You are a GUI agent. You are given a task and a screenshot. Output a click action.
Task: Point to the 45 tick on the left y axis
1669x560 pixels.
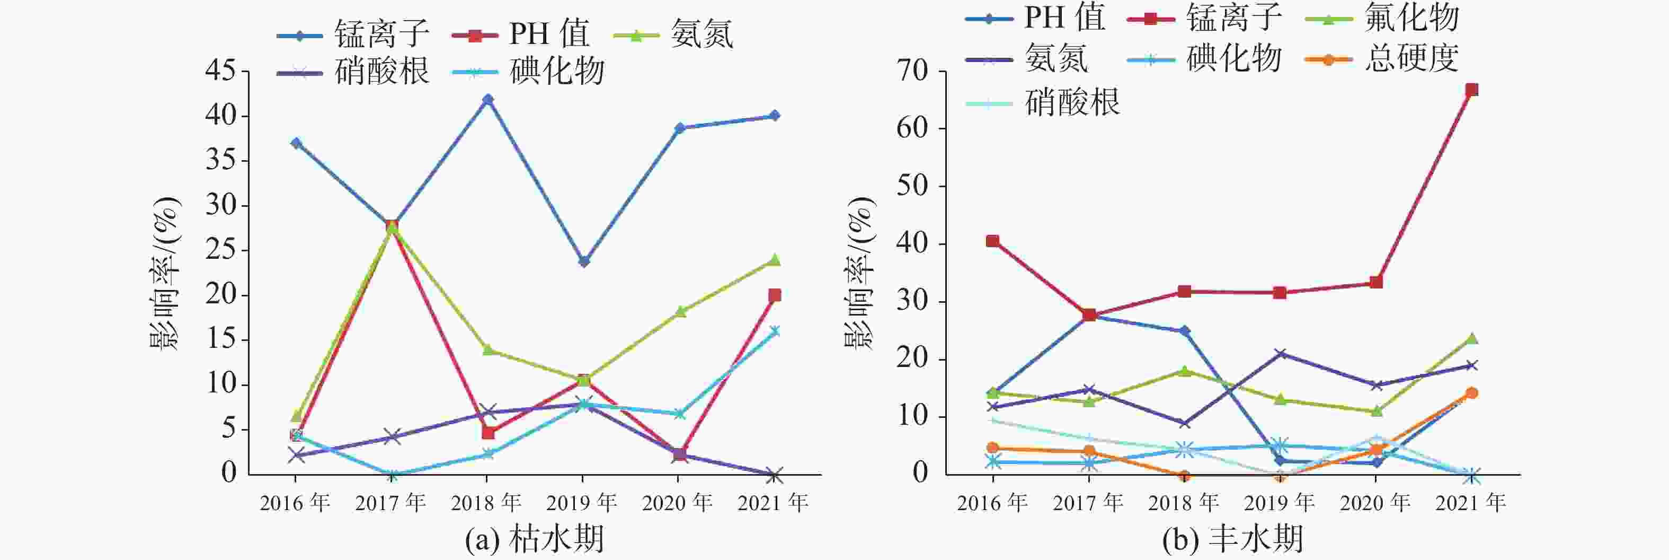point(220,71)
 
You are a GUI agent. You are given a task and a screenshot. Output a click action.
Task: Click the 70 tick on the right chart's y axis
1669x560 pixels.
point(912,71)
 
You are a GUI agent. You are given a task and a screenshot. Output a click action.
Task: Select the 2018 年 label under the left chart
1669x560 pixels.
point(486,502)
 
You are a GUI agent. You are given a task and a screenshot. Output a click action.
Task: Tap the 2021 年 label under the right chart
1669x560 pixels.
point(1471,502)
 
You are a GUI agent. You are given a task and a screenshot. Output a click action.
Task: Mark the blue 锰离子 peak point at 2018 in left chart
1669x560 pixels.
point(488,100)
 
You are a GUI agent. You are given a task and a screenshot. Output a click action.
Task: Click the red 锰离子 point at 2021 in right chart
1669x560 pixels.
point(1471,90)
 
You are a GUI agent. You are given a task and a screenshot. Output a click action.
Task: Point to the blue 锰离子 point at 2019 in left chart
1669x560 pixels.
point(584,262)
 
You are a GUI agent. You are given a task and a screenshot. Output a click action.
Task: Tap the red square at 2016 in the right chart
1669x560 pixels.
point(992,241)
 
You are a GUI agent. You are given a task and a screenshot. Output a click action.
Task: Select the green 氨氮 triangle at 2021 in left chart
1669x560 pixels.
point(774,260)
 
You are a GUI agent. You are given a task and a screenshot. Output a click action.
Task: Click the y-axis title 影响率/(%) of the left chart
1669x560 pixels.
point(165,272)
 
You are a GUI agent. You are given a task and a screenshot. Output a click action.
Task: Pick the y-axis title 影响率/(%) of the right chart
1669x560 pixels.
point(860,272)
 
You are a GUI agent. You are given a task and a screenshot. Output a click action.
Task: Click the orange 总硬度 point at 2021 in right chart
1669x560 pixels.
point(1471,393)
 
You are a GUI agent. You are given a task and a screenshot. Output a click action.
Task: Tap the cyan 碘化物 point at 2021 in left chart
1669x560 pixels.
point(774,331)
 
